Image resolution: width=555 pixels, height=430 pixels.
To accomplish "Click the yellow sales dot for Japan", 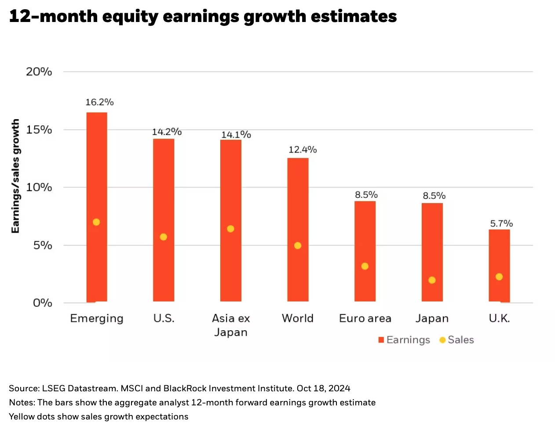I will [432, 280].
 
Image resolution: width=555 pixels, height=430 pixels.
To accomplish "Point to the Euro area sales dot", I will [365, 266].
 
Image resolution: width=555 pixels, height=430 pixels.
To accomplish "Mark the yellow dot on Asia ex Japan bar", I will [230, 229].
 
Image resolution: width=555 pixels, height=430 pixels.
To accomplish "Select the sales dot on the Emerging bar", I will [96, 222].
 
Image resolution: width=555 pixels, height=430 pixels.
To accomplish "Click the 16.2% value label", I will [99, 102].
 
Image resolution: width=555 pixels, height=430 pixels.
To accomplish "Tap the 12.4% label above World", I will [303, 149].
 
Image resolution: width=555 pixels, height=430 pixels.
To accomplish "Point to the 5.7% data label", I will [501, 223].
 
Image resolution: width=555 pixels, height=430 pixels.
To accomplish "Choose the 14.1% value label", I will [236, 135].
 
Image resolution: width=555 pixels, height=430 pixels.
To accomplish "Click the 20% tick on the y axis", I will [39, 72].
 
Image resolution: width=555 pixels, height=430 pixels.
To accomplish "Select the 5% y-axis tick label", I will [43, 245].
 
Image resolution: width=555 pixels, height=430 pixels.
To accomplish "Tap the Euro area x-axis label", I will [365, 318].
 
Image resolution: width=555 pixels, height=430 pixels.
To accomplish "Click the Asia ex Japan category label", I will [231, 325].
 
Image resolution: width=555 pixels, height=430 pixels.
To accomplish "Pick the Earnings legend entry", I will [404, 340].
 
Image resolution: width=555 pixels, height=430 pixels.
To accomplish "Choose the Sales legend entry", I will [457, 340].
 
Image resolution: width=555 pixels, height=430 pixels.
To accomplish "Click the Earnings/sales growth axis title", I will [15, 176].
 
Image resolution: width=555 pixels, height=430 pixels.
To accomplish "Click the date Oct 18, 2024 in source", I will [323, 388].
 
